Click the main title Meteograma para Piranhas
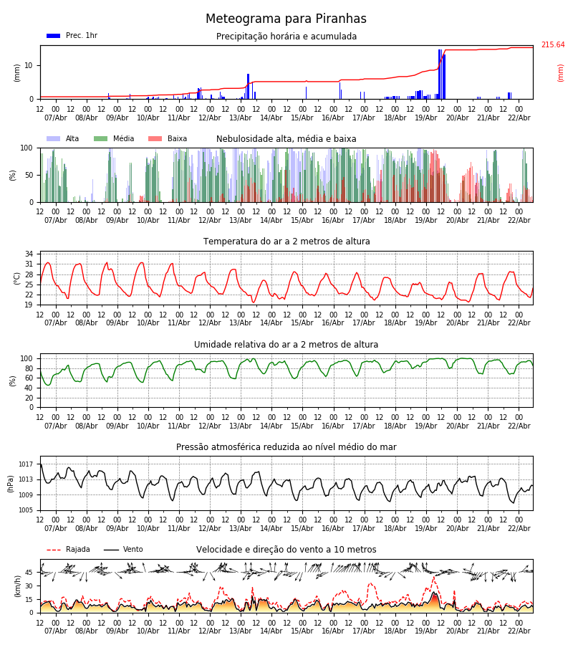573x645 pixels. (x=286, y=19)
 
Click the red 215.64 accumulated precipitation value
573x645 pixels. (x=552, y=45)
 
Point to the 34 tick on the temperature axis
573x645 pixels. (x=29, y=254)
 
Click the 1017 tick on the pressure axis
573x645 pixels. (x=27, y=464)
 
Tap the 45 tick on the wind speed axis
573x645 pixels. (x=29, y=572)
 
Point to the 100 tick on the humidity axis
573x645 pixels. (x=27, y=358)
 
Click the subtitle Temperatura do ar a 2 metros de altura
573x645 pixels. (x=286, y=242)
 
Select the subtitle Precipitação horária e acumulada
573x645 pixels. (x=286, y=37)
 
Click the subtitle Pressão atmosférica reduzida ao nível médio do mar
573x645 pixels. (x=286, y=447)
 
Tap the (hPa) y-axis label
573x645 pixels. (x=10, y=483)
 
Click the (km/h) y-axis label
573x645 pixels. (x=18, y=586)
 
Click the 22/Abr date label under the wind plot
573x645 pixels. (x=519, y=631)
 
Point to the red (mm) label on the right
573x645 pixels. (x=561, y=72)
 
